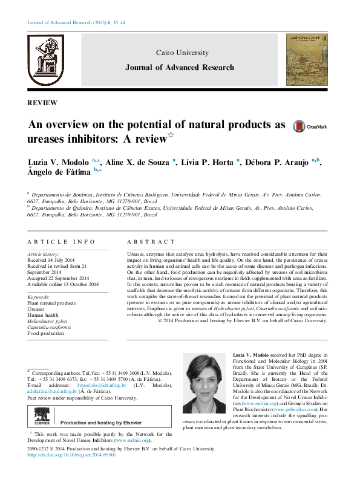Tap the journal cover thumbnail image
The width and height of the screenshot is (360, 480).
(x=307, y=59)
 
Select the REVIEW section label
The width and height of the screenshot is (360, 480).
(x=43, y=103)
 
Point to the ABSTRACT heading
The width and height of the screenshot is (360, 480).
(x=147, y=241)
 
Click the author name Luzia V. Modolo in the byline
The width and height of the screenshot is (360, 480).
(x=59, y=163)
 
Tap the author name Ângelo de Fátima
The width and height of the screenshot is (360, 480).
(x=59, y=173)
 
